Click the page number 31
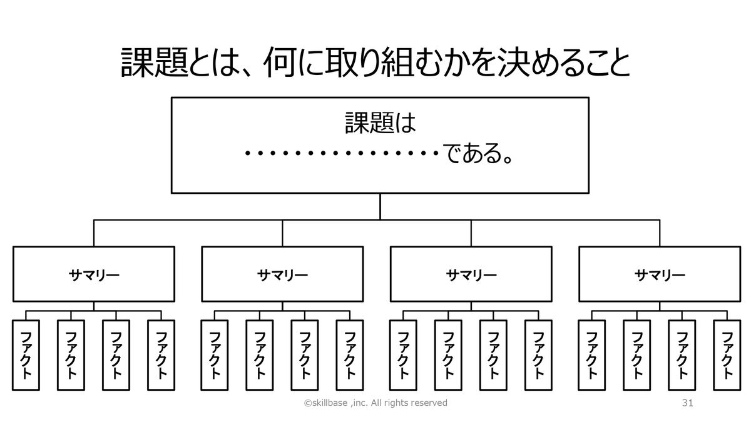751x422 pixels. (x=687, y=403)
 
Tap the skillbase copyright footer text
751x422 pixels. (x=375, y=403)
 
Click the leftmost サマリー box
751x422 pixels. (x=94, y=274)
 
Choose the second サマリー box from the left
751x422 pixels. (x=282, y=274)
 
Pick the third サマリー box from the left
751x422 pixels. (x=471, y=274)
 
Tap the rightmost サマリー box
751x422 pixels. (x=660, y=274)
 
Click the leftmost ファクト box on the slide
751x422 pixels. (x=26, y=354)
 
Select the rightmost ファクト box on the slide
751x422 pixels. (x=727, y=354)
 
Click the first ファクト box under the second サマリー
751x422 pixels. (x=215, y=354)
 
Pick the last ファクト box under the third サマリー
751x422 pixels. (x=538, y=354)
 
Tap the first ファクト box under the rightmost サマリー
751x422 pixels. (x=591, y=354)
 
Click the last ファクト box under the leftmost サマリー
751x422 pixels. (x=161, y=354)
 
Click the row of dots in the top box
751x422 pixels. (x=341, y=154)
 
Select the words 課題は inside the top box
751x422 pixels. (x=380, y=123)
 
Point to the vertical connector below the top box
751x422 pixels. (x=380, y=206)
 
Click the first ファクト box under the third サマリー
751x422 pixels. (x=403, y=354)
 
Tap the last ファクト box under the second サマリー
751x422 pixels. (x=349, y=354)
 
